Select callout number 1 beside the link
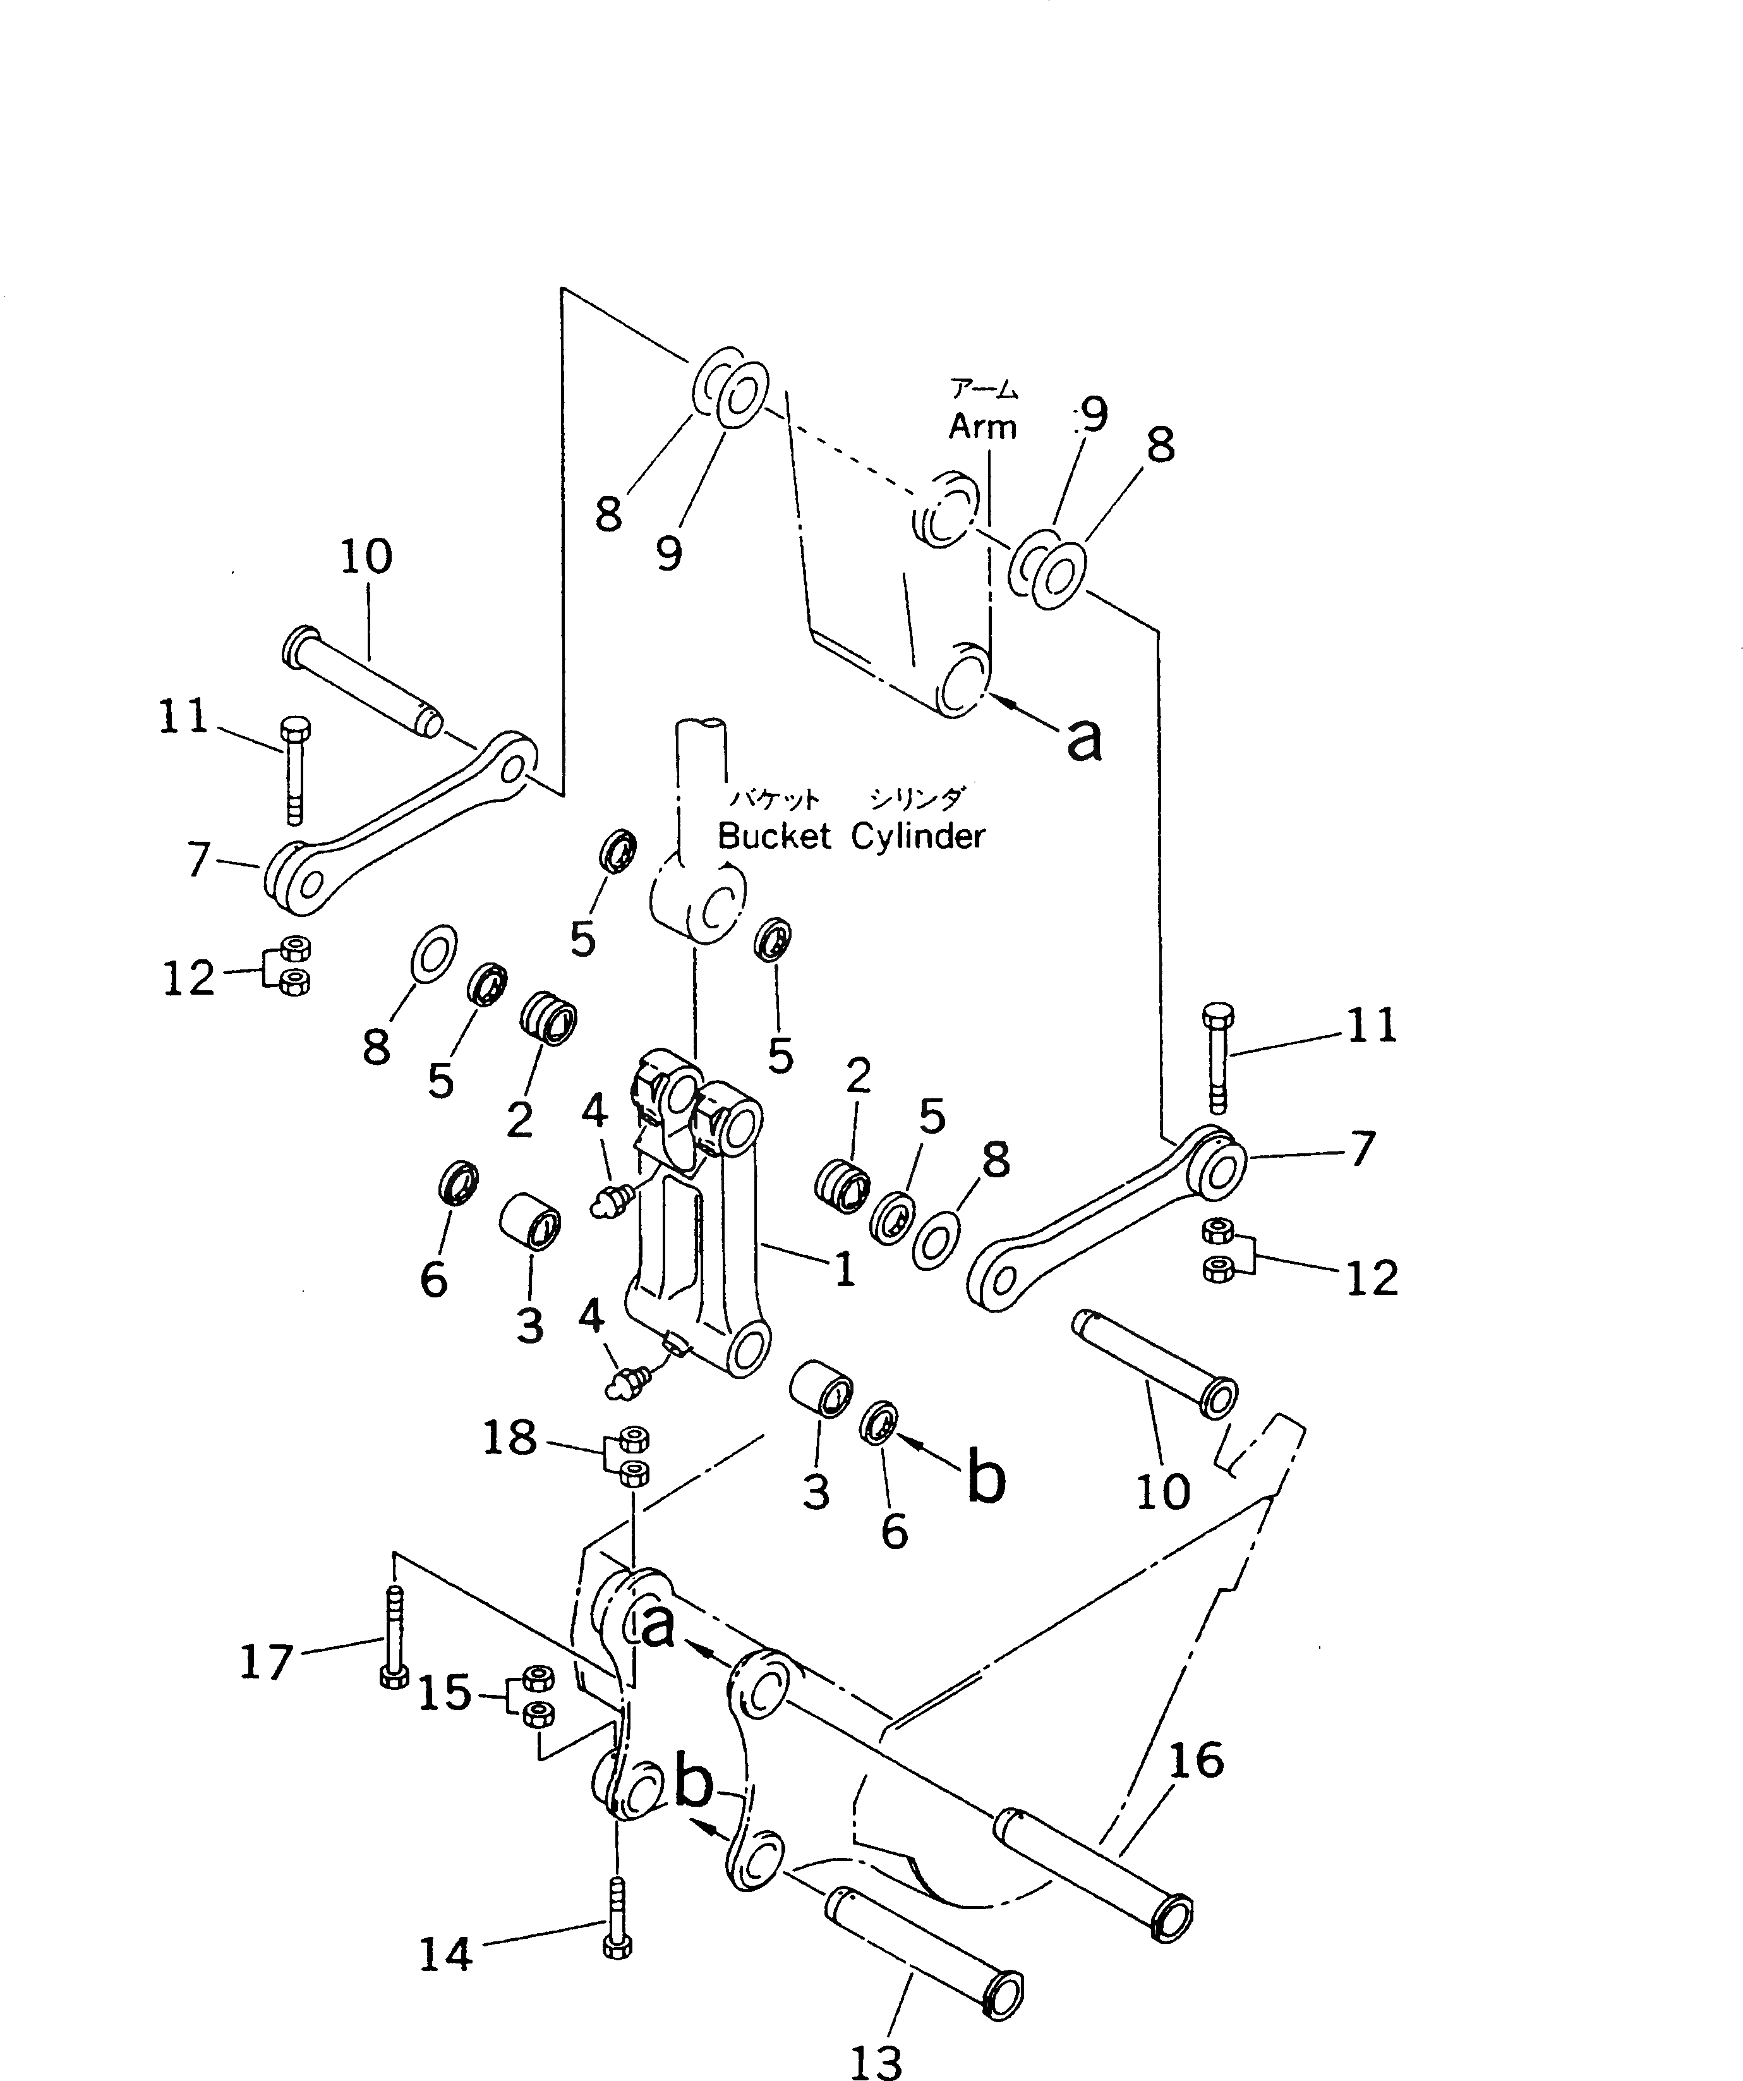coord(844,1270)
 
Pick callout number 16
coord(1196,1761)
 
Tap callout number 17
coord(267,1662)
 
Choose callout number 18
coord(509,1438)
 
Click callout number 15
coord(444,1694)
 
